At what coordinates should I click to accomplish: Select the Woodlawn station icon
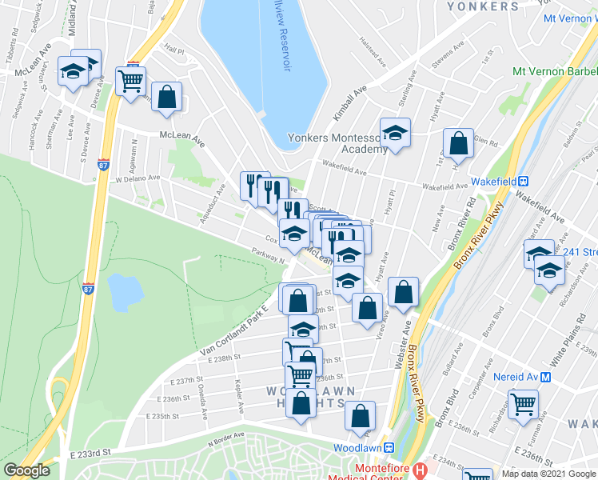pos(389,447)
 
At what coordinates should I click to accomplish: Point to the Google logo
pos(27,470)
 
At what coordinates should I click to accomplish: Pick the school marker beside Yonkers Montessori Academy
pos(394,133)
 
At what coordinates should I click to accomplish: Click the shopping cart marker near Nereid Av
pos(523,404)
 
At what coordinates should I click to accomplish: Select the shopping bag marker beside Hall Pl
pos(166,98)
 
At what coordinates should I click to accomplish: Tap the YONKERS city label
pos(483,6)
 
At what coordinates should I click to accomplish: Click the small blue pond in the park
pos(125,291)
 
